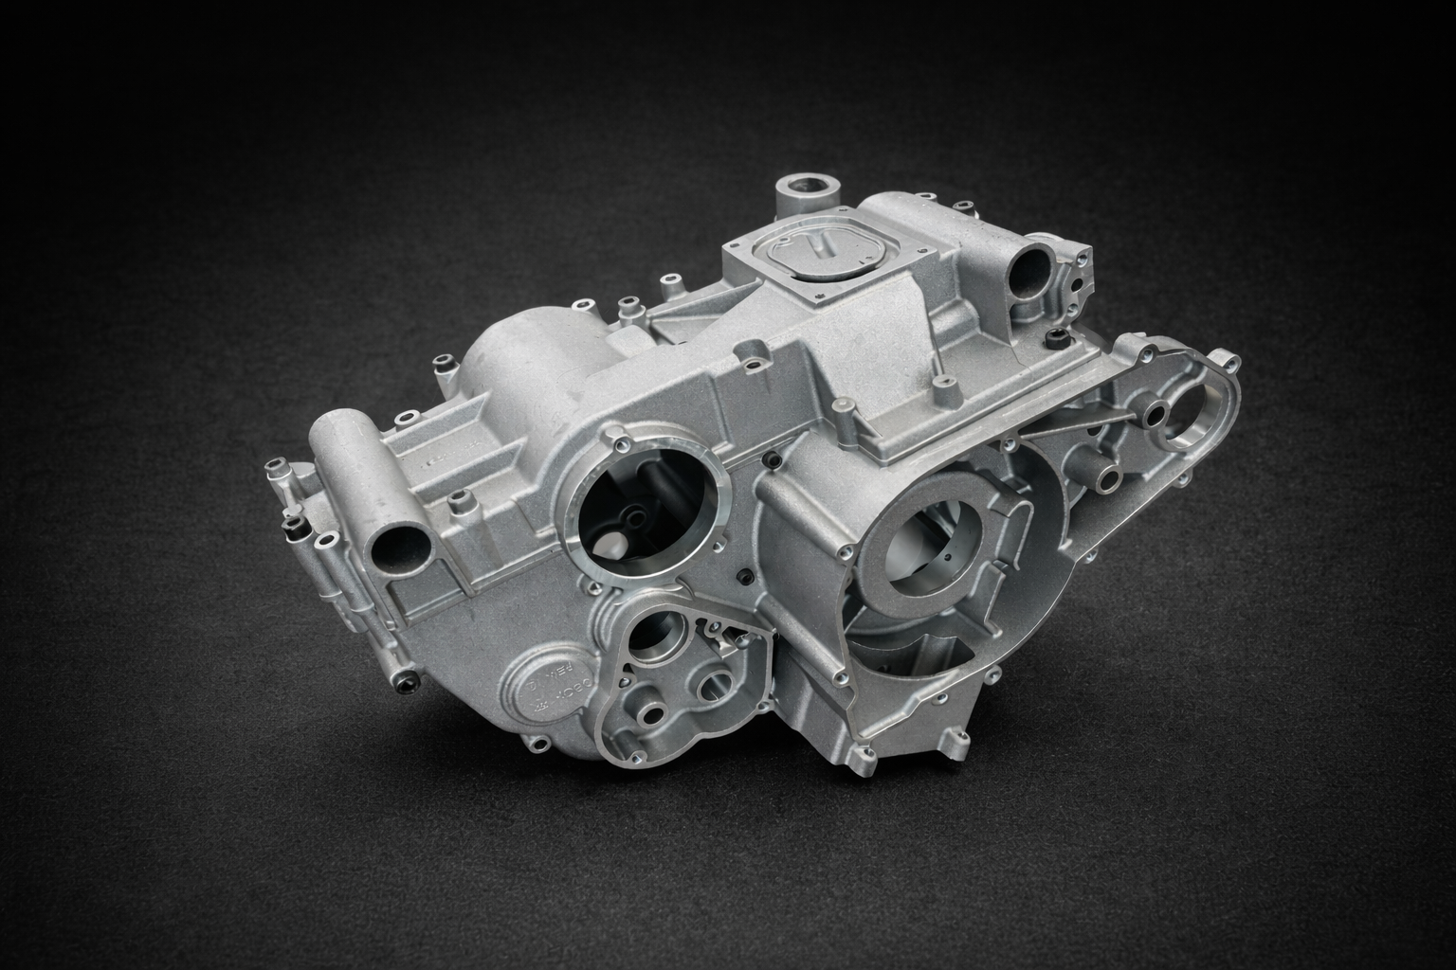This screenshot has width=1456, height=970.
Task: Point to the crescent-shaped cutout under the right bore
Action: click(910, 654)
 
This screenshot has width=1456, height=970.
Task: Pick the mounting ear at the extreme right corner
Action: click(1229, 359)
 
